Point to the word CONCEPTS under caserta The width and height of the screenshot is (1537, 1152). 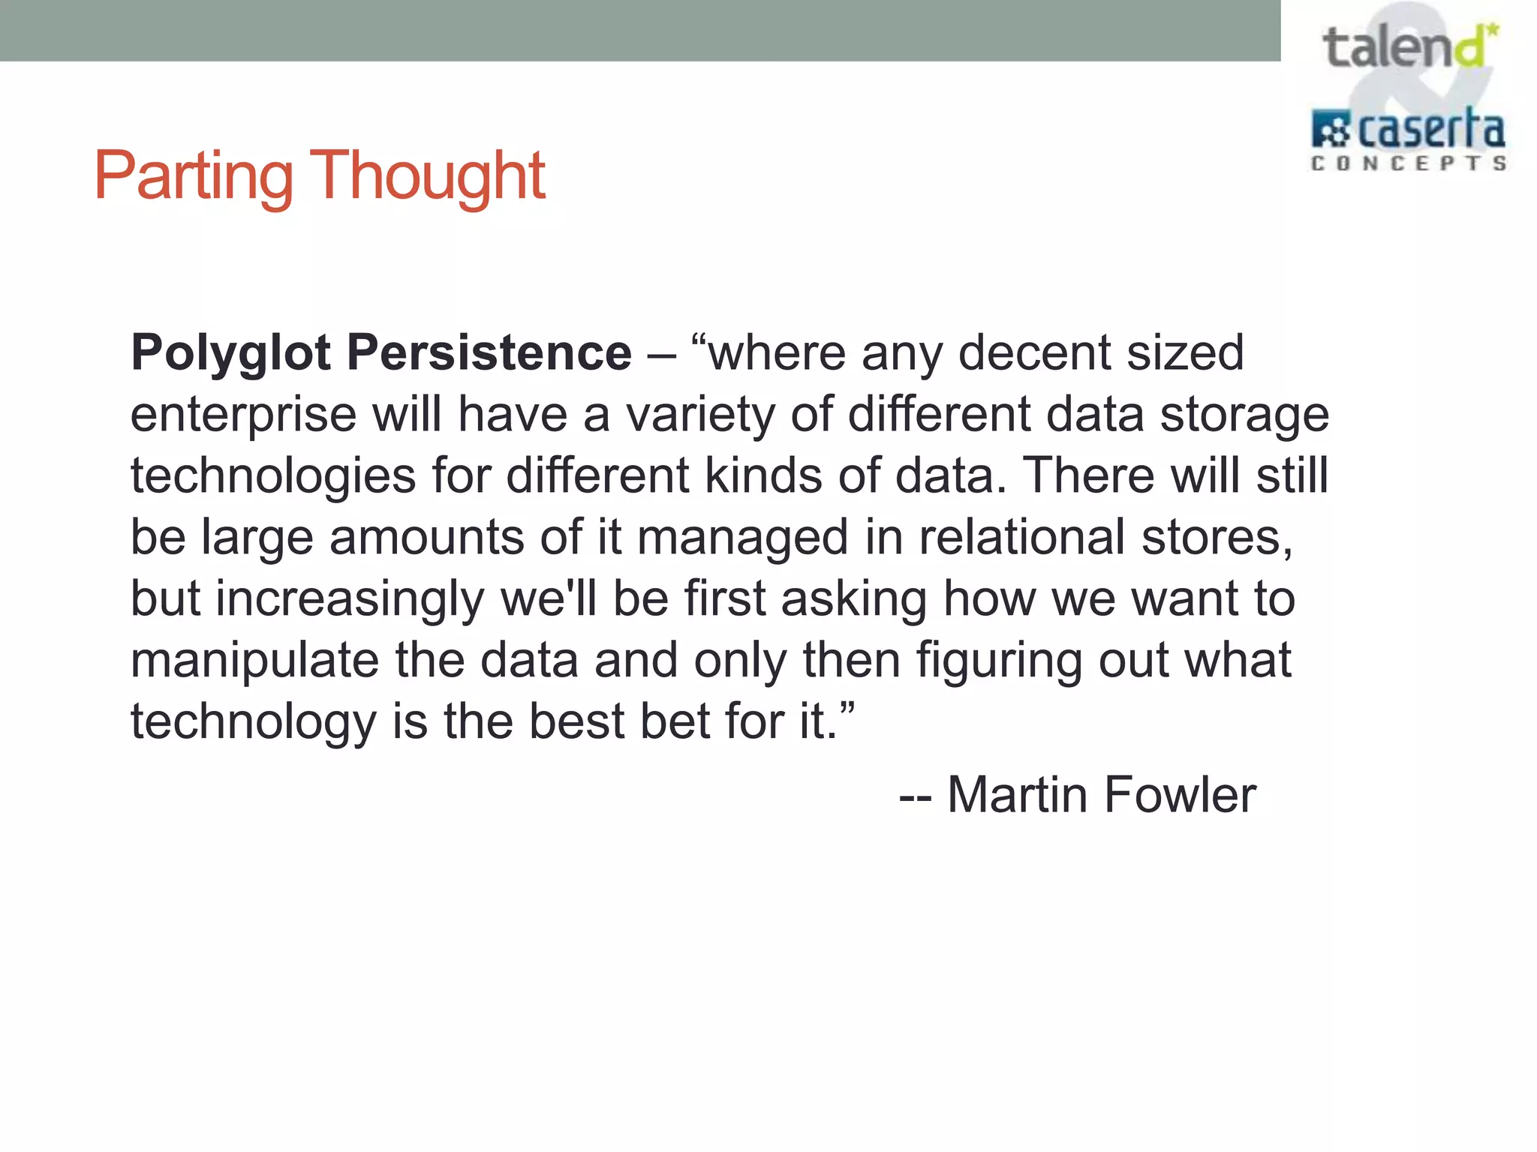1408,163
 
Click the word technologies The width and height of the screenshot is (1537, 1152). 273,476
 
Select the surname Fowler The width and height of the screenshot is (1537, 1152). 1180,795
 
